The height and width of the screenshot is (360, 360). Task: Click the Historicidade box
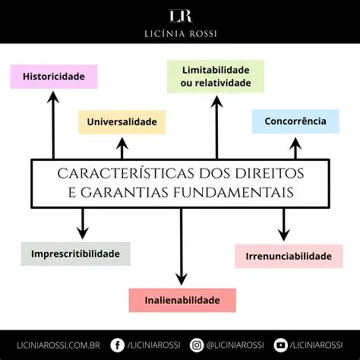pyautogui.click(x=53, y=77)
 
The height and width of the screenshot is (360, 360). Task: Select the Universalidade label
pyautogui.click(x=122, y=122)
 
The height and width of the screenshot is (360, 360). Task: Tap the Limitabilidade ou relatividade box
pyautogui.click(x=216, y=76)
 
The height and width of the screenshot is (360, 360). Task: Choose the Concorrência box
pyautogui.click(x=295, y=121)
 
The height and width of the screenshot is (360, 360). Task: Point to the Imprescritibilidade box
pyautogui.click(x=76, y=253)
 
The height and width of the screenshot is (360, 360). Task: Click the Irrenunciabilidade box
pyautogui.click(x=289, y=256)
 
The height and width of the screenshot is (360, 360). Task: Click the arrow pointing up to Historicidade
pyautogui.click(x=53, y=125)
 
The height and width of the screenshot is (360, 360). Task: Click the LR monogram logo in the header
pyautogui.click(x=180, y=16)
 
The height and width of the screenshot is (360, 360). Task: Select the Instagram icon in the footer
pyautogui.click(x=197, y=345)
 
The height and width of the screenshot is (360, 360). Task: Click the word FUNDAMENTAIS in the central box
pyautogui.click(x=232, y=193)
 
